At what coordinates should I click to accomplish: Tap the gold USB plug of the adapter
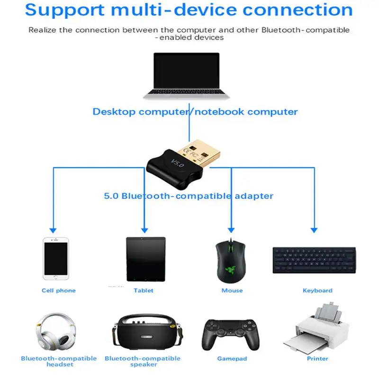[x=204, y=149]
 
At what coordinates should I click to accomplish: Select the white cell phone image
[x=55, y=259]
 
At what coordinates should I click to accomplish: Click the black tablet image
[x=145, y=259]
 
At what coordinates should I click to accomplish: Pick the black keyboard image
[x=314, y=260]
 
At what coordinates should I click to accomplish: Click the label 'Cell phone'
[x=59, y=290]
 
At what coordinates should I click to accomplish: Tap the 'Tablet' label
[x=144, y=290]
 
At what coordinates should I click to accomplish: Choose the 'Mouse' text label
[x=232, y=290]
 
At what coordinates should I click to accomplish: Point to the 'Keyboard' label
[x=317, y=290]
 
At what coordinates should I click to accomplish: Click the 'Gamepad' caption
[x=232, y=359]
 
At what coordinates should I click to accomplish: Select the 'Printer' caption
[x=317, y=359]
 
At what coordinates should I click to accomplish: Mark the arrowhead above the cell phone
[x=53, y=229]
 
